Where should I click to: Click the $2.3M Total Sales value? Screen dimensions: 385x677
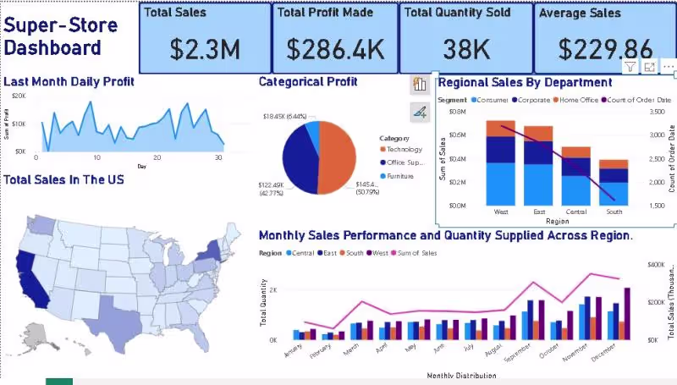(x=205, y=49)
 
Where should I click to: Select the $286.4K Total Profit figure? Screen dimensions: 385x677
(x=335, y=49)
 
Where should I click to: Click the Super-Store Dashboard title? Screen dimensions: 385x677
(x=52, y=36)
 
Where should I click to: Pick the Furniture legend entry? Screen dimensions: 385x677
(x=403, y=176)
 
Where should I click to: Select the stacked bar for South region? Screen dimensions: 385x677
(x=614, y=182)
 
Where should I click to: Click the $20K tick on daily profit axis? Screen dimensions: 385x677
(x=19, y=96)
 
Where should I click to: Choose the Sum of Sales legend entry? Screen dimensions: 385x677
(x=418, y=252)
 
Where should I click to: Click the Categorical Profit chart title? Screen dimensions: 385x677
(x=308, y=82)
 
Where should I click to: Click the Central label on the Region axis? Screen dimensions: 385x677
(x=576, y=212)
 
